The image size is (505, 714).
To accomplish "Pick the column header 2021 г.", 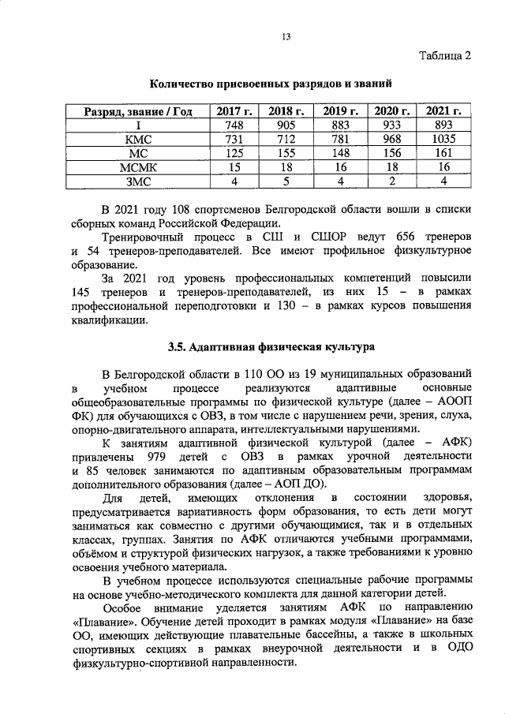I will pyautogui.click(x=443, y=111).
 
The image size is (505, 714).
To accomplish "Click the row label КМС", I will pyautogui.click(x=138, y=140).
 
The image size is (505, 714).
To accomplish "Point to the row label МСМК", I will pyautogui.click(x=138, y=167).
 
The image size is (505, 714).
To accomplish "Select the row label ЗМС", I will pyautogui.click(x=138, y=181).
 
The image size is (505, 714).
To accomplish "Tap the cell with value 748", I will pyautogui.click(x=233, y=125).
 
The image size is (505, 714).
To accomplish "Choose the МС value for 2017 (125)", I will pyautogui.click(x=233, y=154).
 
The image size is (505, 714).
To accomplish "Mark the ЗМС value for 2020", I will pyautogui.click(x=391, y=181).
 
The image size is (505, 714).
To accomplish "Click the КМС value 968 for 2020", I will pyautogui.click(x=391, y=140).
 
